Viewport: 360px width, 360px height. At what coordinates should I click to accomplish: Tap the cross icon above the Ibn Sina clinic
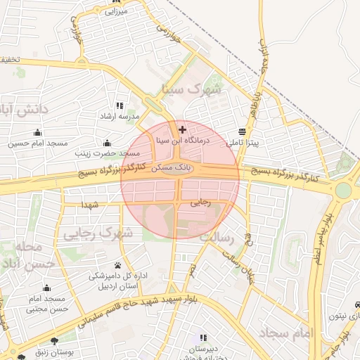point(183,129)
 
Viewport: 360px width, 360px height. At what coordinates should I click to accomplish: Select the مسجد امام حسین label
point(39,143)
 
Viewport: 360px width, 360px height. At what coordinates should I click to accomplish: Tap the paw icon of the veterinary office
point(117,266)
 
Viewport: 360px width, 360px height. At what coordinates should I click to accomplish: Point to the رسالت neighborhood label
point(216,237)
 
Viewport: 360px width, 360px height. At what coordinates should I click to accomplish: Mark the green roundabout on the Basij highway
point(343,191)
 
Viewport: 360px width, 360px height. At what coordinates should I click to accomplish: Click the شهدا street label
point(89,205)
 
